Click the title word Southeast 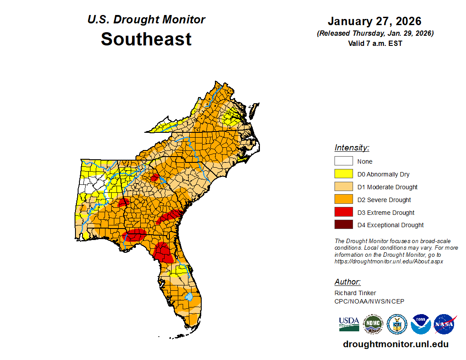tap(146, 39)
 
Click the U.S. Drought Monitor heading tap(146, 19)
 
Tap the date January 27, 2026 tap(375, 21)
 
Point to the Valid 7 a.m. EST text tap(375, 43)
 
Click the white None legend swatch tap(343, 161)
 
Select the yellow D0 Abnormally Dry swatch tap(343, 174)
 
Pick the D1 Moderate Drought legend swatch tap(343, 187)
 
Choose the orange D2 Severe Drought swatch tap(343, 200)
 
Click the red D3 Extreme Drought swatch tap(343, 212)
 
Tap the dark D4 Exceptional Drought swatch tap(343, 225)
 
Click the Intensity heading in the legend tap(352, 148)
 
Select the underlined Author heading tap(347, 282)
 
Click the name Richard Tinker tap(355, 293)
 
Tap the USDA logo tap(349, 324)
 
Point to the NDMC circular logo tap(373, 324)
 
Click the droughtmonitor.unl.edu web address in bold tap(395, 344)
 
